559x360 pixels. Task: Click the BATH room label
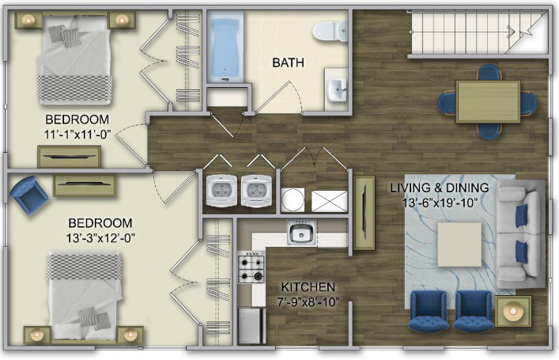click(x=288, y=63)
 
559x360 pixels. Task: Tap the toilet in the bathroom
click(x=330, y=30)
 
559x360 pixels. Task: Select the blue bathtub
click(x=225, y=47)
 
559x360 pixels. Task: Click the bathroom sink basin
click(x=336, y=89)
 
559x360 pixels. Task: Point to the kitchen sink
click(x=301, y=233)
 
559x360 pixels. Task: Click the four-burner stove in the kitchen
click(x=251, y=267)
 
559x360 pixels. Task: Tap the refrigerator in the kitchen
click(x=251, y=326)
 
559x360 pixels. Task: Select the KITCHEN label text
click(x=308, y=287)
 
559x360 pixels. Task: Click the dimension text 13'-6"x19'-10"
click(x=440, y=203)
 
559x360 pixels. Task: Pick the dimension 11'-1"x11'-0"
click(x=77, y=135)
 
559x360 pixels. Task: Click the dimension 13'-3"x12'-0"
click(x=100, y=237)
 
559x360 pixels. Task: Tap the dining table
click(x=488, y=102)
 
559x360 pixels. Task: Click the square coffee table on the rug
click(x=459, y=244)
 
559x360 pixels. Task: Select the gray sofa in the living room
click(x=520, y=234)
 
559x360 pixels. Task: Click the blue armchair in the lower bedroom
click(x=28, y=195)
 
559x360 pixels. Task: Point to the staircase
click(x=478, y=32)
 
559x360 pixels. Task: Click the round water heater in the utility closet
click(x=293, y=200)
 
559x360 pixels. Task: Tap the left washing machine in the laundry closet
click(x=221, y=191)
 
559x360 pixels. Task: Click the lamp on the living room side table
click(x=512, y=311)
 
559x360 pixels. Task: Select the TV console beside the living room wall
click(x=364, y=213)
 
